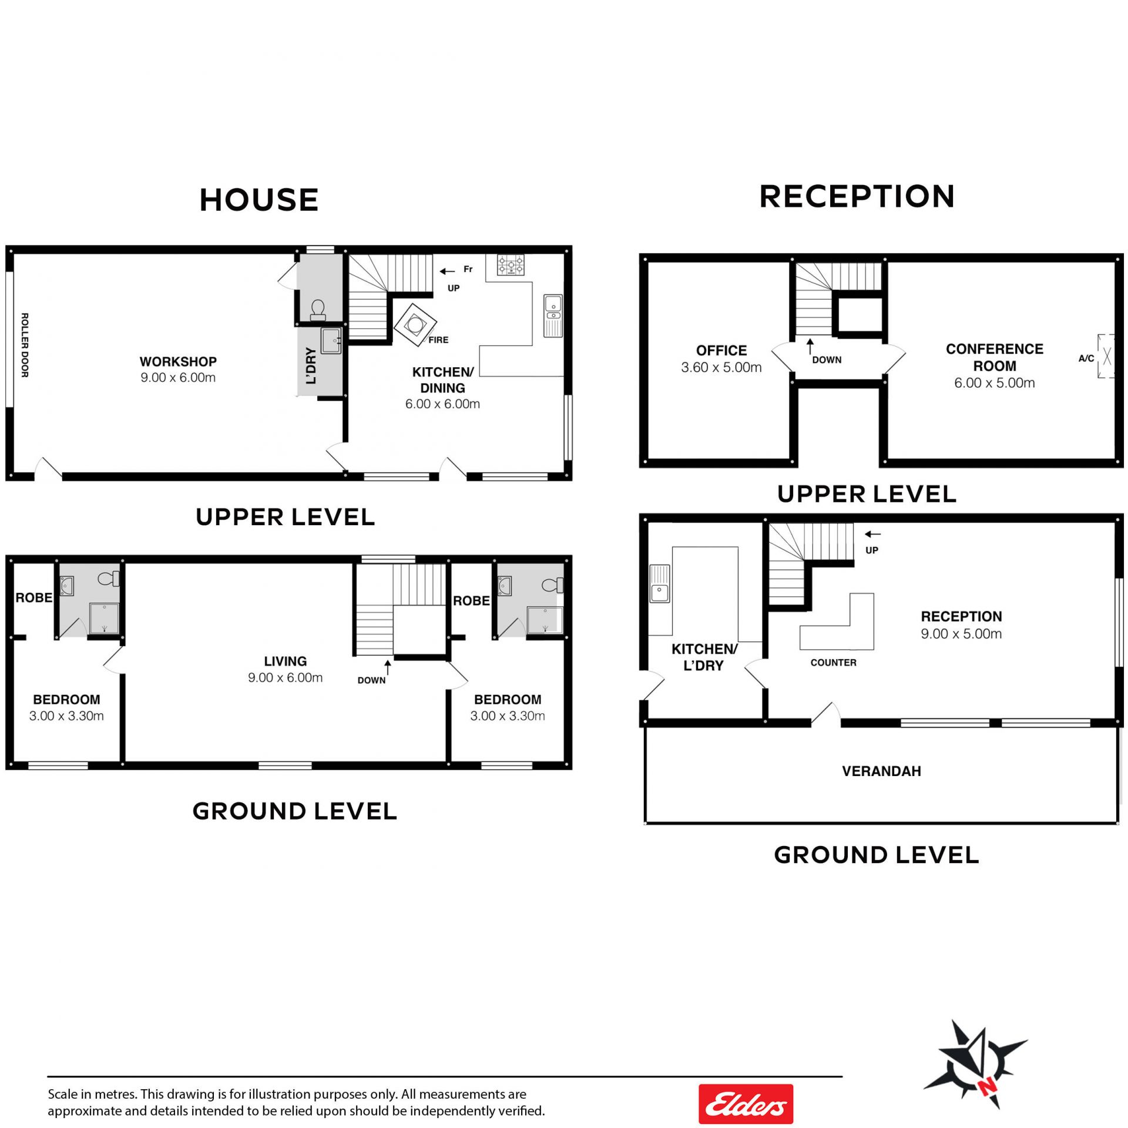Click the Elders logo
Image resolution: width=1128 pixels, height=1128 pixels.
tap(746, 1104)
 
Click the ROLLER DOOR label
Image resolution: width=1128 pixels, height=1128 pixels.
tap(25, 345)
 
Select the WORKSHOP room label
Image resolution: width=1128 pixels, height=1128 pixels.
tap(178, 361)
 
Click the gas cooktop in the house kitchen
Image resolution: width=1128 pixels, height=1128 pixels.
tap(511, 265)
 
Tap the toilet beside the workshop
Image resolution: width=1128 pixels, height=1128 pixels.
tap(318, 310)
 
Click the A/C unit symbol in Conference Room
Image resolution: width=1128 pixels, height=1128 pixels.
tap(1106, 356)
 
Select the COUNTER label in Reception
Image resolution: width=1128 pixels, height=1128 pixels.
tap(833, 663)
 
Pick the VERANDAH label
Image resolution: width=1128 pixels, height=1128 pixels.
tap(881, 771)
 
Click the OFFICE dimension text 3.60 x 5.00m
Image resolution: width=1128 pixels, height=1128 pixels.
tap(721, 367)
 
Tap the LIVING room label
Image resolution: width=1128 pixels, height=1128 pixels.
tap(285, 661)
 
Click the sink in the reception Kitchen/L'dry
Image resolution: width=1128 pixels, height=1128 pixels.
tap(659, 583)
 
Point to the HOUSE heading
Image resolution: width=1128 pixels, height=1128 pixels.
tap(259, 200)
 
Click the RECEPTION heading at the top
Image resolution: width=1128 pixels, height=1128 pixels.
tap(857, 196)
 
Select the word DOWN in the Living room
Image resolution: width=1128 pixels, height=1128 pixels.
tap(371, 680)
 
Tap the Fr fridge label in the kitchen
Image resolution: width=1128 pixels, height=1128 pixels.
tap(468, 269)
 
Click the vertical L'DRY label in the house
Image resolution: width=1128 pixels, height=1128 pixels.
tap(311, 365)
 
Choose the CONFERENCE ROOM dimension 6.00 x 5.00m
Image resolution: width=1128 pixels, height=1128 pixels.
tap(994, 383)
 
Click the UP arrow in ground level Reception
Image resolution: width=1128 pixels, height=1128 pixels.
tap(872, 534)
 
